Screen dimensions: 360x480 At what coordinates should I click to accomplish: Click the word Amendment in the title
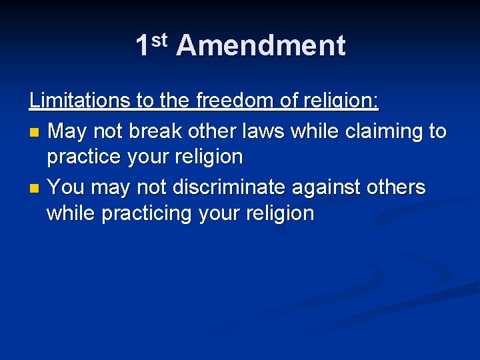coord(261,46)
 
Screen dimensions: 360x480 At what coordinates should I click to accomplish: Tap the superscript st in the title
coord(159,41)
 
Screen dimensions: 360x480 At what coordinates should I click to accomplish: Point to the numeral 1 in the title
coord(142,46)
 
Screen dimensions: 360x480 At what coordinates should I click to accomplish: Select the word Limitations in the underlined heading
coord(80,101)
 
